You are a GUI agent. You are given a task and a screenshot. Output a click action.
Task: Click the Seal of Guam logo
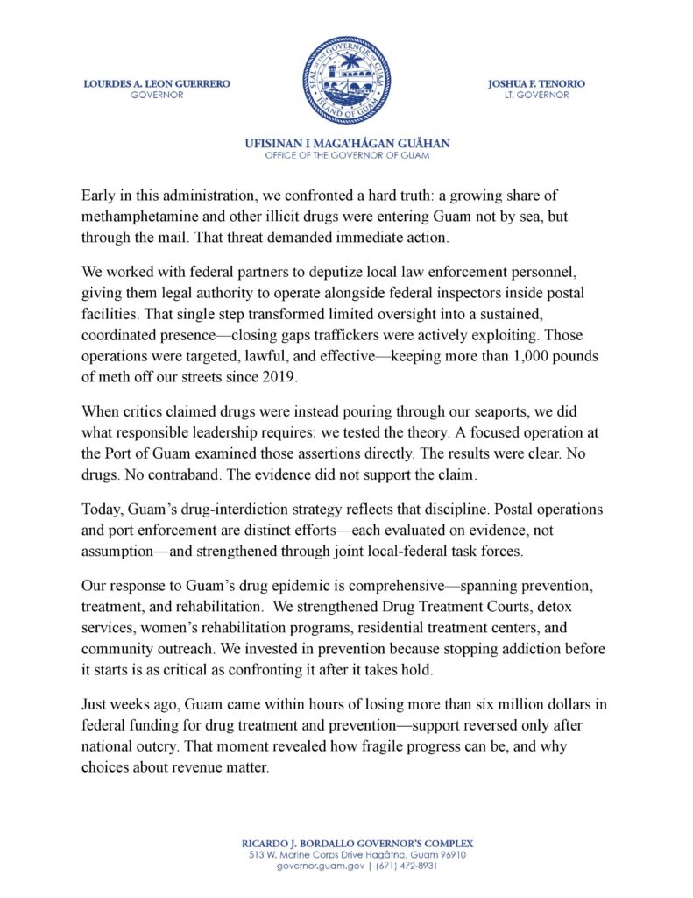click(x=345, y=80)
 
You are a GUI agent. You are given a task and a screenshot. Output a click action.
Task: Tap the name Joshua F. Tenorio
click(x=537, y=83)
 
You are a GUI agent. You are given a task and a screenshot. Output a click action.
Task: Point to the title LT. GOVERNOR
click(x=537, y=95)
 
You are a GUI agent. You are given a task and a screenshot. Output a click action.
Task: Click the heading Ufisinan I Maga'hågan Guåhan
click(x=347, y=143)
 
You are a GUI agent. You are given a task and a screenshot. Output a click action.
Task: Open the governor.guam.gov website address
click(x=315, y=866)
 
